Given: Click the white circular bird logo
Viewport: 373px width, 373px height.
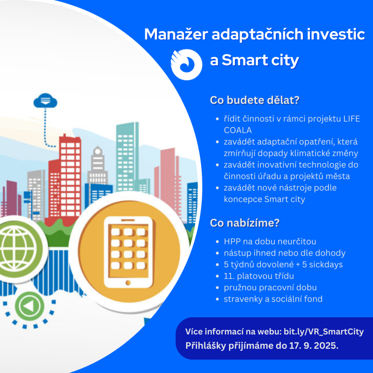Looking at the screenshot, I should click(x=186, y=64).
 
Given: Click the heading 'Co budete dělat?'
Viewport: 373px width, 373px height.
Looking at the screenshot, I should click(x=254, y=101).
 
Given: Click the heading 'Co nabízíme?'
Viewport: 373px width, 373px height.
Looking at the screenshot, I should click(x=244, y=223).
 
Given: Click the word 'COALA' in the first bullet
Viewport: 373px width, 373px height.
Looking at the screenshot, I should click(x=238, y=130).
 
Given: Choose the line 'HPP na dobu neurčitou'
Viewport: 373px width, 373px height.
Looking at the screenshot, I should click(x=270, y=241).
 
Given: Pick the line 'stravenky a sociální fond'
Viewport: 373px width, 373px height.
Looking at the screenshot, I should click(x=273, y=299).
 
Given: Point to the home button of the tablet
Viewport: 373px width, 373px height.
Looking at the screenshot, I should click(x=128, y=282).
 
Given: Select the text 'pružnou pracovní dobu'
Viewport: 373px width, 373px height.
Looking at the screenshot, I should click(x=270, y=287).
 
